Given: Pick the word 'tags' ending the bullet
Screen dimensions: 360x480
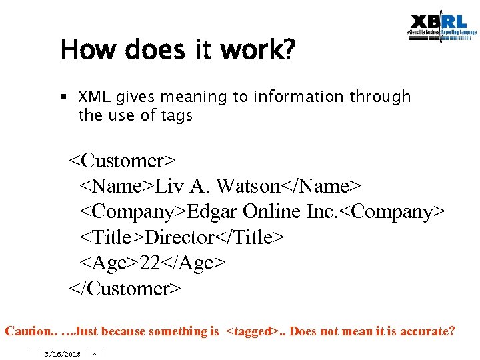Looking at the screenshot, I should [177, 115].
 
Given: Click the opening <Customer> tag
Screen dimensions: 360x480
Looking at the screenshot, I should [123, 161].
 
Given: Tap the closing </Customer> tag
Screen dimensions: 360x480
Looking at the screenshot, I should [125, 289].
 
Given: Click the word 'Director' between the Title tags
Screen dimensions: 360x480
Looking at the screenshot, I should [179, 237].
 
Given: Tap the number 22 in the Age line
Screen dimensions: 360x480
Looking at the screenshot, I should [151, 263].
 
